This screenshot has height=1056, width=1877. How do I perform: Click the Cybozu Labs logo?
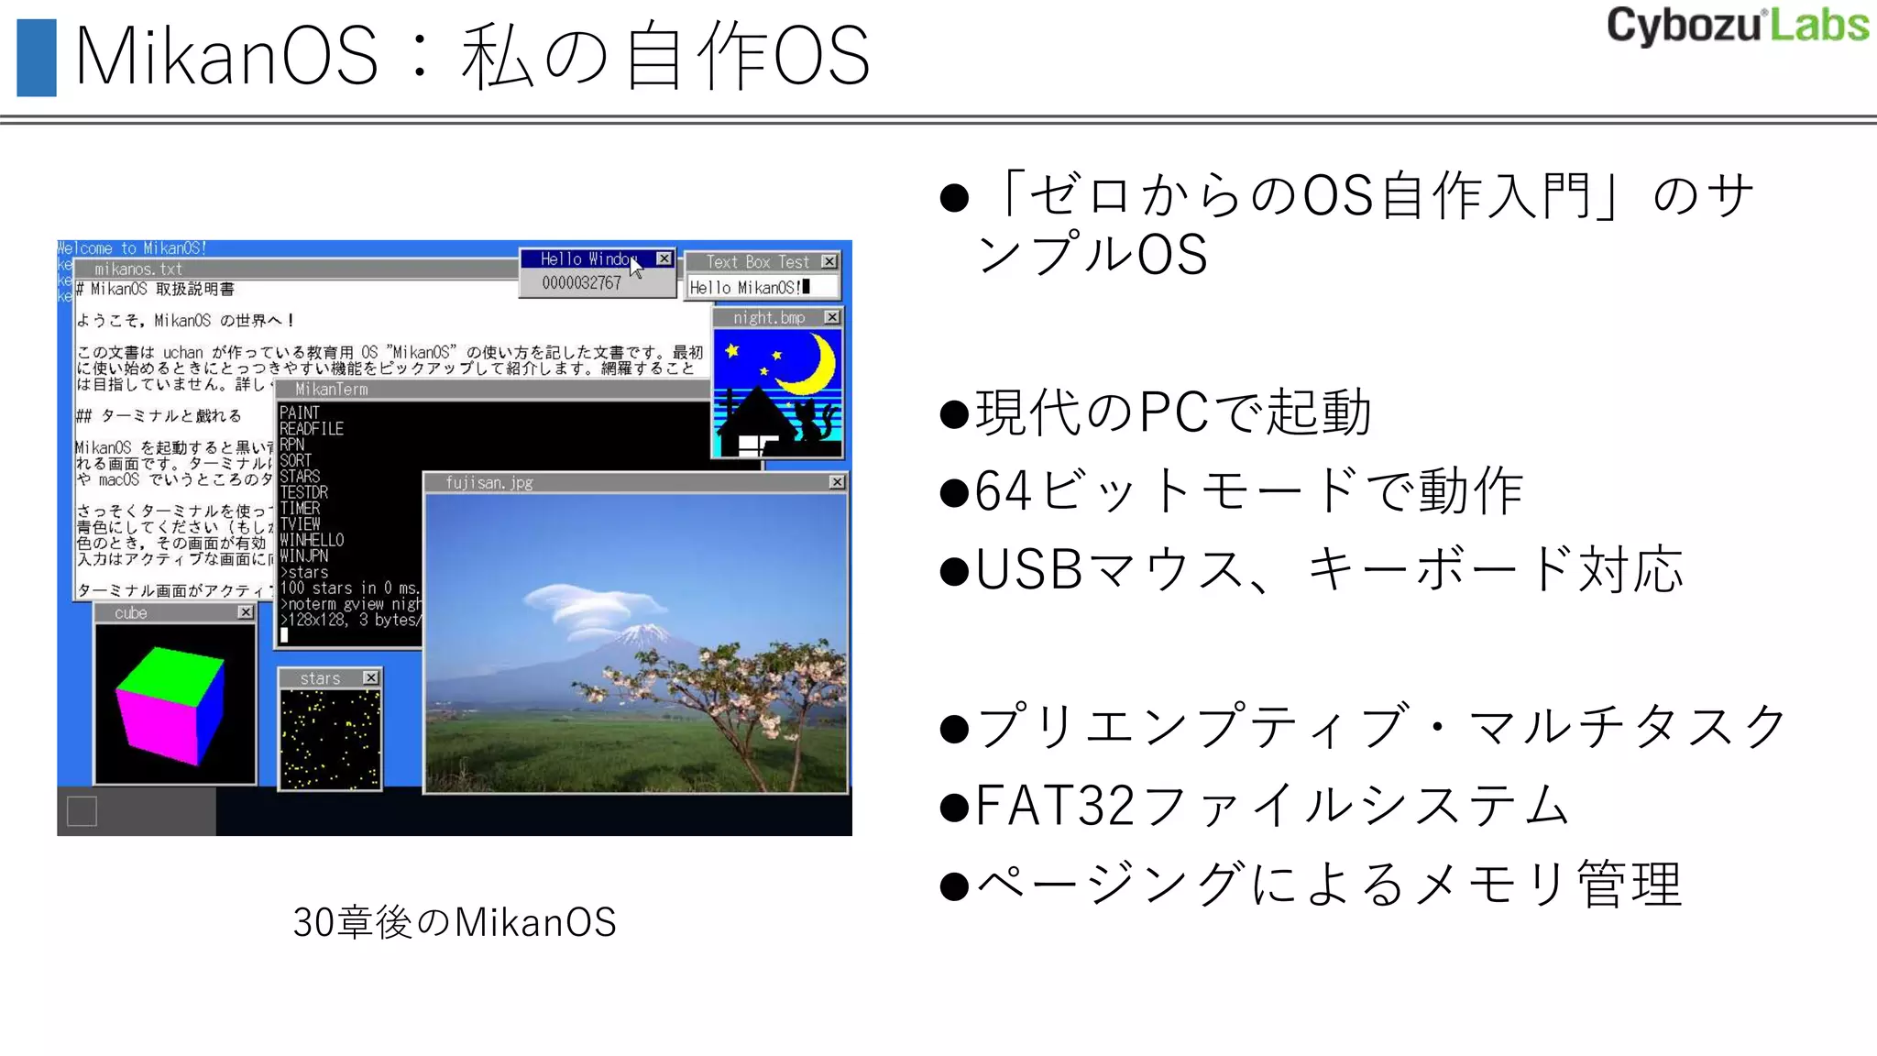(x=1737, y=26)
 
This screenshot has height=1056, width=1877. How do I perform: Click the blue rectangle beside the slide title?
(x=37, y=58)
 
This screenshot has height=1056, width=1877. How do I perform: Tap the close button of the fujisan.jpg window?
(x=837, y=482)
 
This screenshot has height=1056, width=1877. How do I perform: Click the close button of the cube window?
(x=246, y=612)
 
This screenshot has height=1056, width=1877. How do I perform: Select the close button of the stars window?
(x=370, y=678)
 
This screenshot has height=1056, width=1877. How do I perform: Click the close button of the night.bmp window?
(x=831, y=317)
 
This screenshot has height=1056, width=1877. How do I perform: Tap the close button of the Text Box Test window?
(x=829, y=261)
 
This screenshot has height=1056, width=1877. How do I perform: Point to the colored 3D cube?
(x=170, y=704)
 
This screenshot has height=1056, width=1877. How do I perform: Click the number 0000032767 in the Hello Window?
(x=581, y=283)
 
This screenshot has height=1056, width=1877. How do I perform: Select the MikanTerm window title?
(x=332, y=390)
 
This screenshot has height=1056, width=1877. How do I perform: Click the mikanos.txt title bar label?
(x=138, y=269)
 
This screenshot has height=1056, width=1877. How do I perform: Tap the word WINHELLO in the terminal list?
(x=312, y=540)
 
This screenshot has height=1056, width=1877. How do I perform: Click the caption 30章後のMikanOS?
(x=455, y=922)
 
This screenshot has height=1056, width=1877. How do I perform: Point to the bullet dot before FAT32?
(x=954, y=808)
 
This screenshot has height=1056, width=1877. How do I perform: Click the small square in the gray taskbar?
(x=82, y=811)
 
